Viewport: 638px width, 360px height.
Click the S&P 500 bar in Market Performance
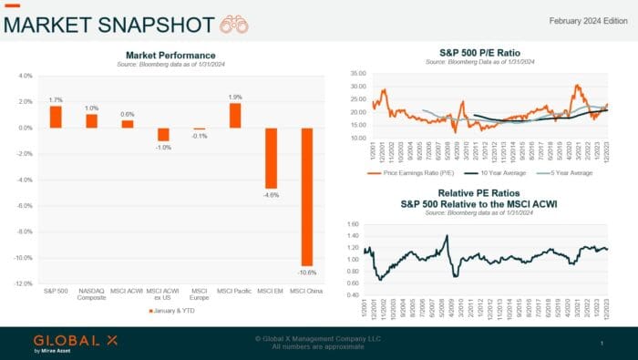(x=56, y=117)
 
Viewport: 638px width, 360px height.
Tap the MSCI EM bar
(x=270, y=158)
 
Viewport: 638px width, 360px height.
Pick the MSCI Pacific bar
(x=235, y=116)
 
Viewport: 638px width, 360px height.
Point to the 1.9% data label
(x=235, y=97)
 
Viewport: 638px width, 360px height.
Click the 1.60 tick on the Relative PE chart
(x=353, y=223)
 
